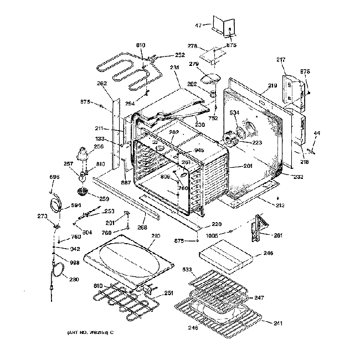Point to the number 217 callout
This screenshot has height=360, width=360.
point(281,59)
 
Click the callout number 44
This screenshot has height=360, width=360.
point(317,133)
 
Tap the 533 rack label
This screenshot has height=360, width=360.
point(187,270)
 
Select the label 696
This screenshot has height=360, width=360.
point(54,177)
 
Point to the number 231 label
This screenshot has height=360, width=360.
point(175,68)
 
